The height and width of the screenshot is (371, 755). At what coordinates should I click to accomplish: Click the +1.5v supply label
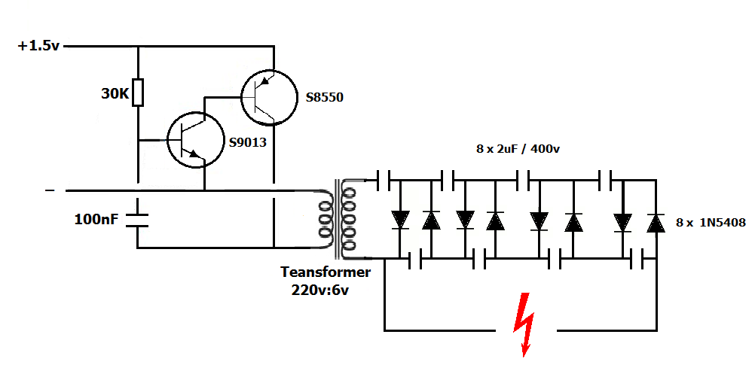point(38,46)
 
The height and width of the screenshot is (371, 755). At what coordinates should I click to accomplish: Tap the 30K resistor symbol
point(138,92)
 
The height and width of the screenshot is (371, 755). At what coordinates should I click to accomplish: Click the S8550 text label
point(325,98)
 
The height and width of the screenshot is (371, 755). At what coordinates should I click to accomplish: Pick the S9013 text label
point(247,142)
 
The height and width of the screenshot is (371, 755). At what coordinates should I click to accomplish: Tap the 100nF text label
point(96,220)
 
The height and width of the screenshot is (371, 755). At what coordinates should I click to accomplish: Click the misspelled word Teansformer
point(326,272)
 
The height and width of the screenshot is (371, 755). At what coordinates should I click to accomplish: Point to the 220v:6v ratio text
point(319,290)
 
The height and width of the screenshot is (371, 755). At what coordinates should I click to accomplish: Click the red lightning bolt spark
point(526,325)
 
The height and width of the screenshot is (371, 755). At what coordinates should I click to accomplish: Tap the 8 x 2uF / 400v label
point(518,150)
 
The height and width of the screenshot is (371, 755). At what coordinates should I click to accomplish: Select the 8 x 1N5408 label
point(711,223)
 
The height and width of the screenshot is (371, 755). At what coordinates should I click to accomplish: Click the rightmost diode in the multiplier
point(656,222)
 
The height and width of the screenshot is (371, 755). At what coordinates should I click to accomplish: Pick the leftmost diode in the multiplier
point(399,220)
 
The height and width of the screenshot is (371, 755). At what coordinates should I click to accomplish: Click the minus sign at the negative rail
point(50,190)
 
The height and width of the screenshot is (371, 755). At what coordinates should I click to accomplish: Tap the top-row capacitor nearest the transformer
point(383,180)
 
